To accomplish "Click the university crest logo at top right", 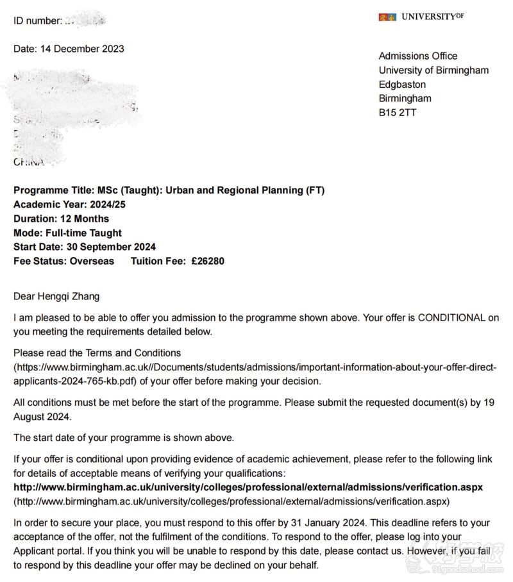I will tap(387, 17).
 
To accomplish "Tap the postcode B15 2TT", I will tap(398, 113).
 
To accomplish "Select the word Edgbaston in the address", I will tap(402, 85).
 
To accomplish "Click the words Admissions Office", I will tap(418, 56).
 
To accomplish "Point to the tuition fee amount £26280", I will tap(208, 261).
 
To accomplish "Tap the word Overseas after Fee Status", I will tap(92, 261).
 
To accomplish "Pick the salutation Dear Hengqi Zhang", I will tap(56, 296).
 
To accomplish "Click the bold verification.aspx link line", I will tap(248, 487).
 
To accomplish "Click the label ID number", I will tap(37, 21).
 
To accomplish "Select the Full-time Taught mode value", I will tap(83, 233).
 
